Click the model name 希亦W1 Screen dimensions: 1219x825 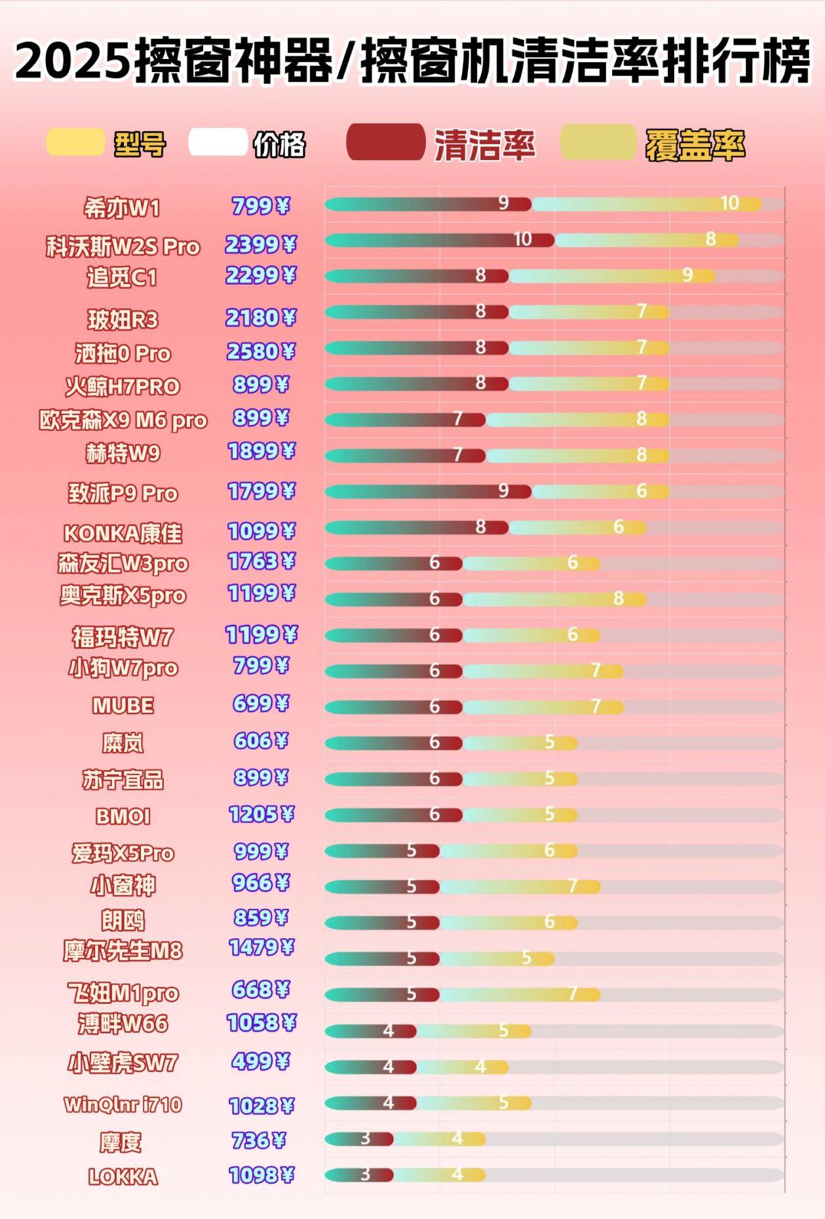122,209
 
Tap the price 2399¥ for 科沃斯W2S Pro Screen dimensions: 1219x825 261,245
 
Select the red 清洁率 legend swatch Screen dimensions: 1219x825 385,142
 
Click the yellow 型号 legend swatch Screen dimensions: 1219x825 75,142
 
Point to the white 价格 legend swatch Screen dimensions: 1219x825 218,142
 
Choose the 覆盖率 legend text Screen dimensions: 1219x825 695,145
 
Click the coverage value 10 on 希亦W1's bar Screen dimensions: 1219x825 729,203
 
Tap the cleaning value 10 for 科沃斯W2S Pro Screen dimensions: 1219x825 522,239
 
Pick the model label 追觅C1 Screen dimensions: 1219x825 122,278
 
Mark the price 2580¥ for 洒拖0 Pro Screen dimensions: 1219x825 261,352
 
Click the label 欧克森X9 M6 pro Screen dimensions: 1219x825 123,420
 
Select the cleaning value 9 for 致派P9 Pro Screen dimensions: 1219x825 503,490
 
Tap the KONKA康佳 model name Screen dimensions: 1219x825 123,533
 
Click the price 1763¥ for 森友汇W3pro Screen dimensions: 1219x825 261,562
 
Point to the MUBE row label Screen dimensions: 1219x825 123,706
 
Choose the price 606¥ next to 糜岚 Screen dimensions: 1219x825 261,741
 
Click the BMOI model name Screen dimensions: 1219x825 123,816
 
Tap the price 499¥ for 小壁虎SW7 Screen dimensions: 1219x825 261,1061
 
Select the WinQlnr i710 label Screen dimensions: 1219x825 123,1105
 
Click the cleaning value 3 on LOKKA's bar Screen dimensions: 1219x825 365,1174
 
